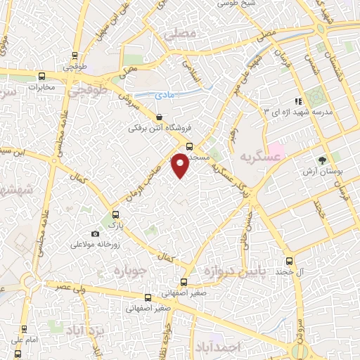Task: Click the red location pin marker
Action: [x=181, y=164]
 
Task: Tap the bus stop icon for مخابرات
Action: [x=41, y=76]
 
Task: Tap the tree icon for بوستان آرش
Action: [x=322, y=160]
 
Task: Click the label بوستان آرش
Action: [x=321, y=172]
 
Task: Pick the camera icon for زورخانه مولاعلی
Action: [x=96, y=233]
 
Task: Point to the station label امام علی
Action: [x=22, y=341]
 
